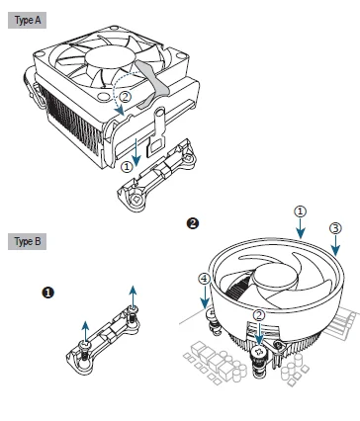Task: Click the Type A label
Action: click(x=27, y=20)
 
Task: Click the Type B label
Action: click(x=27, y=241)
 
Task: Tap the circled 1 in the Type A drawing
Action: click(x=127, y=167)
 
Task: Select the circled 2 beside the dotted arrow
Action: click(x=126, y=97)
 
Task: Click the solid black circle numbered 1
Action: click(x=48, y=293)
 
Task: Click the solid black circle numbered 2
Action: click(x=193, y=223)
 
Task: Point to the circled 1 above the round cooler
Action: click(x=300, y=211)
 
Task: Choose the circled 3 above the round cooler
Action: click(x=335, y=228)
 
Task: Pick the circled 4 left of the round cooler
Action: click(x=205, y=279)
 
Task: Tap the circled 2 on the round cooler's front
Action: click(x=259, y=315)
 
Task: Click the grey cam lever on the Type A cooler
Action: click(x=152, y=84)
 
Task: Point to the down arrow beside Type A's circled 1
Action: click(x=136, y=152)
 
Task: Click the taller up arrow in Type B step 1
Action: click(x=133, y=296)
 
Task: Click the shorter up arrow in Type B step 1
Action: click(x=85, y=332)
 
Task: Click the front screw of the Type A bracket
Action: click(x=135, y=199)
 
